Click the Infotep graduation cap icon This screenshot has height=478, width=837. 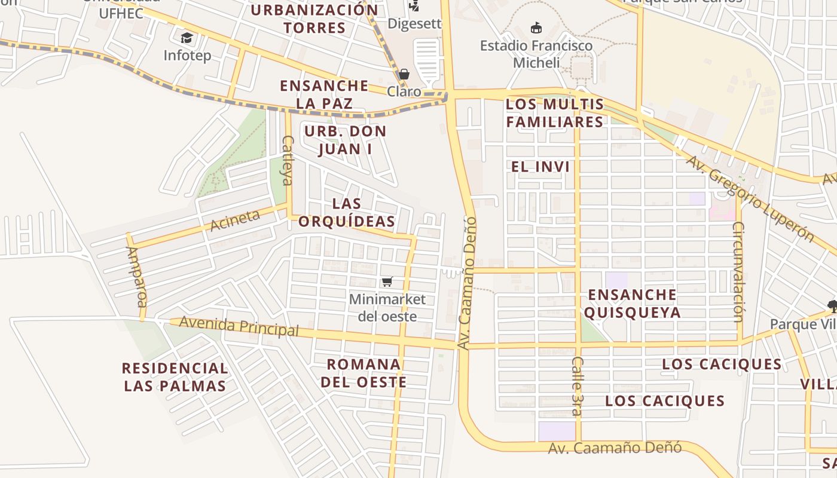[x=187, y=38]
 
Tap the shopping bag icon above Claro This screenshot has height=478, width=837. [x=404, y=74]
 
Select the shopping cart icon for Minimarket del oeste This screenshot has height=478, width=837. [x=387, y=281]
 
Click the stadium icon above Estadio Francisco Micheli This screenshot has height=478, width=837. [x=536, y=27]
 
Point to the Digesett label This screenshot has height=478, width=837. [x=414, y=23]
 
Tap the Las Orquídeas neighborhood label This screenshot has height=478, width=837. [x=347, y=212]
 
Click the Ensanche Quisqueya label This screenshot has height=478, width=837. [x=633, y=303]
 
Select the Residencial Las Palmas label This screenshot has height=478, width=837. [x=175, y=377]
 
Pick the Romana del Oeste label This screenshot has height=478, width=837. [x=363, y=373]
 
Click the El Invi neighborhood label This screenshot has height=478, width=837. [x=540, y=167]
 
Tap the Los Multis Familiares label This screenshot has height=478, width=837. [x=555, y=113]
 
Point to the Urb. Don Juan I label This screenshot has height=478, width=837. [x=345, y=140]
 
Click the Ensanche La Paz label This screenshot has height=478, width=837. [x=325, y=94]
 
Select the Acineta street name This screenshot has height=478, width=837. [x=235, y=220]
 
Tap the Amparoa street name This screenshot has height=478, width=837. [x=136, y=276]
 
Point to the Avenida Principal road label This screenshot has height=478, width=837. [x=239, y=326]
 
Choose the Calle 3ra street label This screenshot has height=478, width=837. [x=577, y=386]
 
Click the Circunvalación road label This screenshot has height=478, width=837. [x=739, y=272]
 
